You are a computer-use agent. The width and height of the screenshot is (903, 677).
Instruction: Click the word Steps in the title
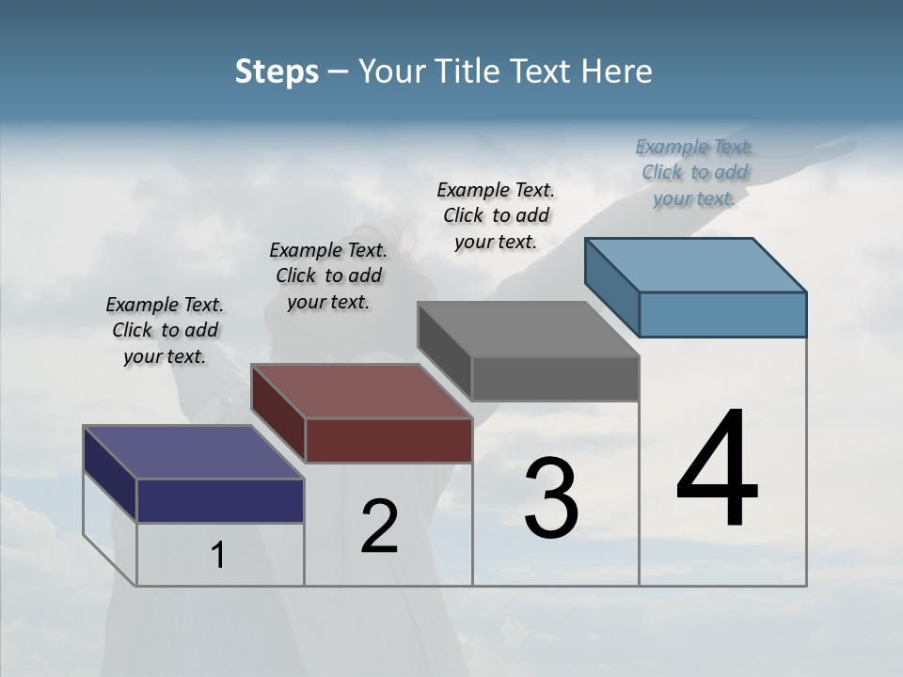[277, 71]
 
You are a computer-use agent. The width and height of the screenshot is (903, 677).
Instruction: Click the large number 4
[717, 469]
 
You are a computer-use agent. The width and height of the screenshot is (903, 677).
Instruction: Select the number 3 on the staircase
[550, 498]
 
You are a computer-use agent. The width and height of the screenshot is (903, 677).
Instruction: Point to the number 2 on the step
[379, 527]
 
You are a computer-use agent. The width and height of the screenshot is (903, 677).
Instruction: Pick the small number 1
[218, 555]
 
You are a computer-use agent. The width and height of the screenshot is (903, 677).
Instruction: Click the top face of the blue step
[696, 264]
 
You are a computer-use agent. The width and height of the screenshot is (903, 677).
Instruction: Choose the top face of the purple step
[194, 452]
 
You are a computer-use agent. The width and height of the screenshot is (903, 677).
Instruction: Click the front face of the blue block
[722, 314]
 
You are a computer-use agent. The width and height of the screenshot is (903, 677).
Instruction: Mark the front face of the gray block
[555, 379]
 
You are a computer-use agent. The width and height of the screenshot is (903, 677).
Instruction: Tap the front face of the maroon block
[388, 440]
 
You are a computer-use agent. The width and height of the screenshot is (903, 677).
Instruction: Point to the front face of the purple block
[220, 500]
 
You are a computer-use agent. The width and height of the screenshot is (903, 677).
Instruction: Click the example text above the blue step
[694, 172]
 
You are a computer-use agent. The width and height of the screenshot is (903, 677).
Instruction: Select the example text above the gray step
[496, 215]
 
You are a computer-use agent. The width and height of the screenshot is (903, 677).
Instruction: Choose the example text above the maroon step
[328, 276]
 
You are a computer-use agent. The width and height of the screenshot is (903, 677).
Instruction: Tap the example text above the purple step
[165, 330]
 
